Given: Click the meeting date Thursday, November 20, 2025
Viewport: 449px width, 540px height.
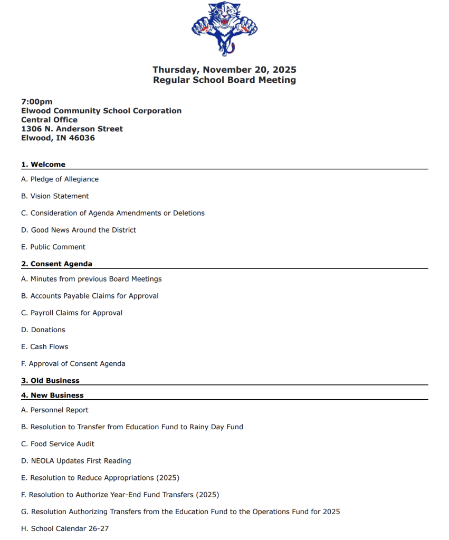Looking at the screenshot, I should (224, 70).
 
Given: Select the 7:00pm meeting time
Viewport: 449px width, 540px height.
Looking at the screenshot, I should (37, 102).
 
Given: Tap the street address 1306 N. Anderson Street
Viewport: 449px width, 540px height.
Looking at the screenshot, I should (72, 129).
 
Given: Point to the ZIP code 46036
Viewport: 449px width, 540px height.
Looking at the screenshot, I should (82, 138).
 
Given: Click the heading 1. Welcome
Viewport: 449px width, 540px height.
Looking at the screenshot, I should (43, 165).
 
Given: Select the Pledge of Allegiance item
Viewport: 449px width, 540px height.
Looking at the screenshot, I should (60, 179).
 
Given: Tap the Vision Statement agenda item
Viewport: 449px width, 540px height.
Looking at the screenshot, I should (55, 196).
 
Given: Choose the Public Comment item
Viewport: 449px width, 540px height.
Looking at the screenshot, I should (53, 247).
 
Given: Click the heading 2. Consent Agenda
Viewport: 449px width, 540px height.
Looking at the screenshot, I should (56, 264).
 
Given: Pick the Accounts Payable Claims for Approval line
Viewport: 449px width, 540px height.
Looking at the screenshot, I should (90, 296).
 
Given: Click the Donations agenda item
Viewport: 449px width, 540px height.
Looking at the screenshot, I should (43, 330).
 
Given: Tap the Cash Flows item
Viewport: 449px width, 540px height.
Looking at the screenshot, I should (45, 346).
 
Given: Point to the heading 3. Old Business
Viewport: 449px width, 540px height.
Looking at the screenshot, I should (50, 381).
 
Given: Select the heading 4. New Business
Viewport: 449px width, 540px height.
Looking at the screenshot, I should (52, 395).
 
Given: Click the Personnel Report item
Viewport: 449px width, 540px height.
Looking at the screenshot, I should (55, 410).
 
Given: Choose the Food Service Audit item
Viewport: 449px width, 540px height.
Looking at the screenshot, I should (58, 443).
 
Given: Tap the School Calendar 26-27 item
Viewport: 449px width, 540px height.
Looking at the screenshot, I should (65, 528).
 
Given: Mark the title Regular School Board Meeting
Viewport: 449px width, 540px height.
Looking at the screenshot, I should (224, 80).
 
